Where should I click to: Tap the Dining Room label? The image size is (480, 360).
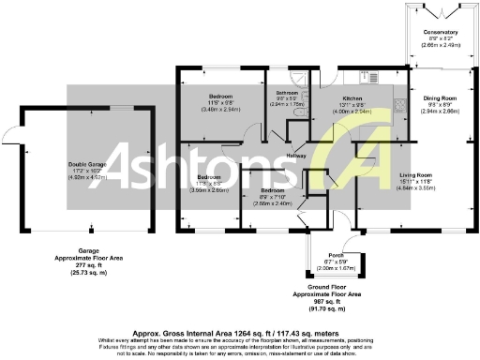[439, 97]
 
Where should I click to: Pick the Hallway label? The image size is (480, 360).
[296, 154]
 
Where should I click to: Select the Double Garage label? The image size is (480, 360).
[85, 166]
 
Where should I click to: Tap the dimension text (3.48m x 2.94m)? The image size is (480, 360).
[221, 109]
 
